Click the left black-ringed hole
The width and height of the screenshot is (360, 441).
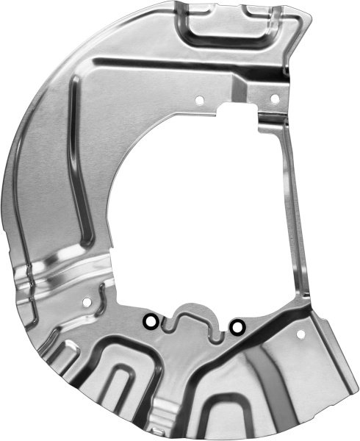click(x=149, y=322)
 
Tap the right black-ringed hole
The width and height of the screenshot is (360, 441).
click(x=237, y=325)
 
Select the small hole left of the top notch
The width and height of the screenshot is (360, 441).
click(x=199, y=98)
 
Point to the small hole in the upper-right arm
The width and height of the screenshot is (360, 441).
click(x=273, y=98)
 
